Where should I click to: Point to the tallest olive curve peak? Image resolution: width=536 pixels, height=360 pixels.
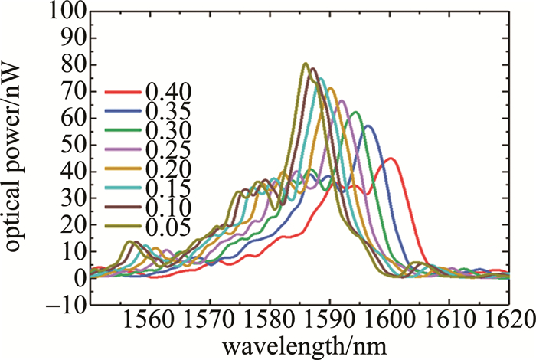tap(305, 64)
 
